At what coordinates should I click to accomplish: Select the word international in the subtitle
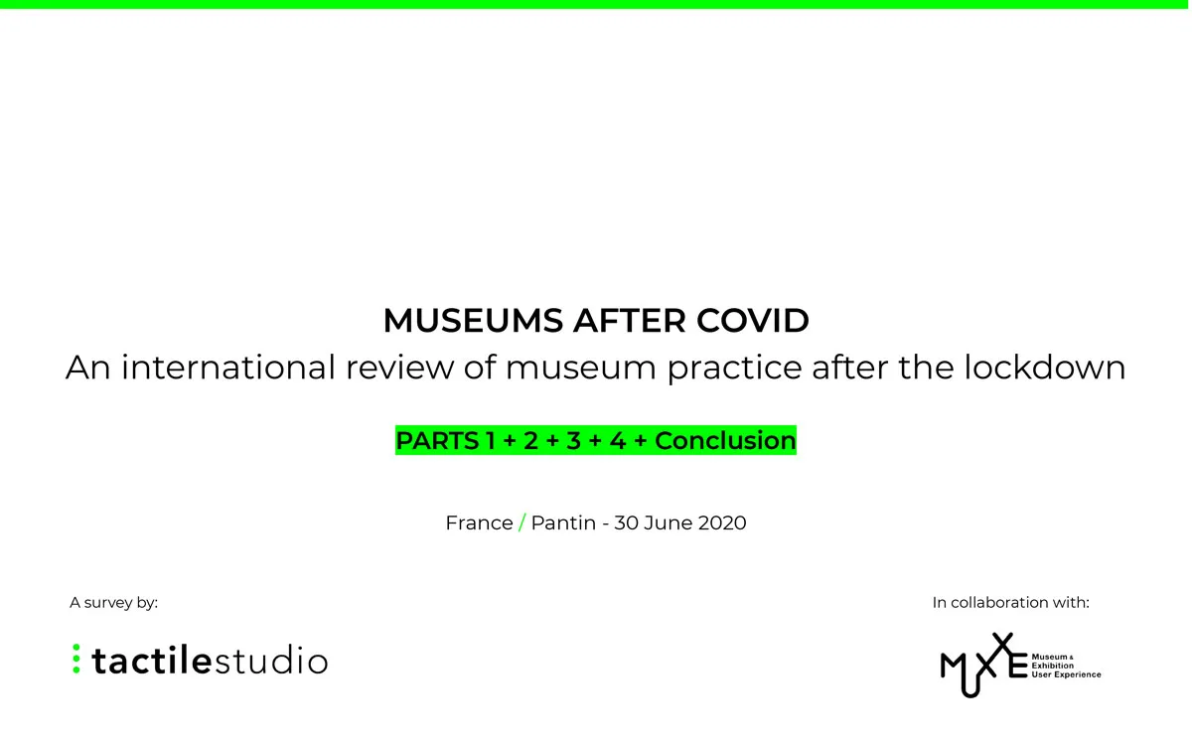pos(229,368)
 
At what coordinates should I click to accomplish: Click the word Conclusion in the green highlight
pos(725,440)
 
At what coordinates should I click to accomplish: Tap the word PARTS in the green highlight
pos(438,440)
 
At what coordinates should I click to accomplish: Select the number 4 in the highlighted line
pos(617,440)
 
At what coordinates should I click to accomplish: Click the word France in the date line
pos(479,522)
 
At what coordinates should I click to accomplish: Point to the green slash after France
pos(521,522)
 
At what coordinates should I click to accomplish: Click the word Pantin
pos(563,522)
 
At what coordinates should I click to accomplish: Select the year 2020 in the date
pos(721,522)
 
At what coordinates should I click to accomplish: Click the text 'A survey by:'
pos(113,602)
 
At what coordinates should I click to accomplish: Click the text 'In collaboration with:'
pos(1010,602)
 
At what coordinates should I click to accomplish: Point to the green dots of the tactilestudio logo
pos(75,660)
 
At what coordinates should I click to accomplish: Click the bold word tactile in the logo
pos(151,661)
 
